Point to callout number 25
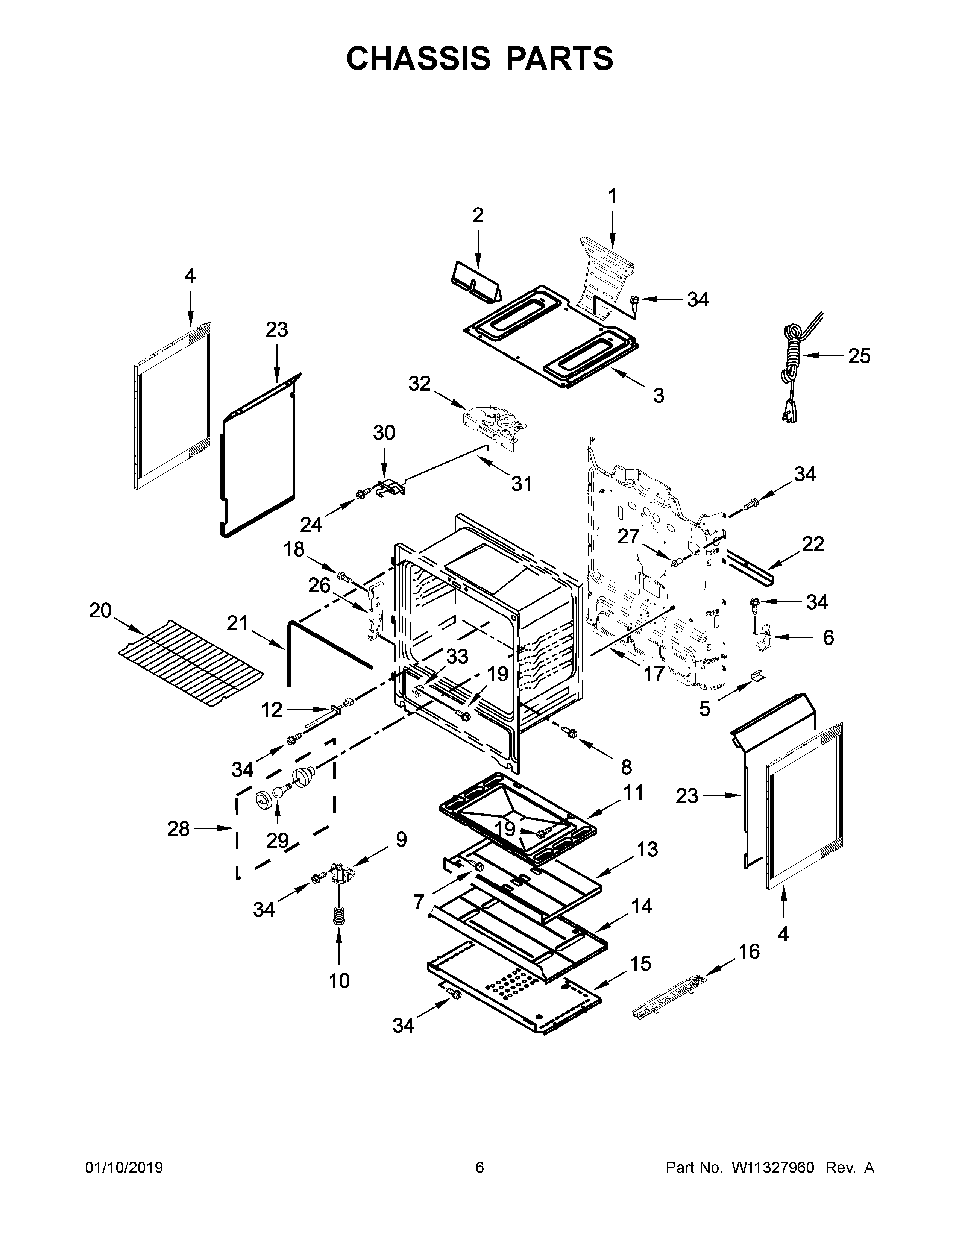click(859, 356)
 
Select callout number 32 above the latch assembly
click(420, 384)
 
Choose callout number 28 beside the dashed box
click(178, 829)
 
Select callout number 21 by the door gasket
click(237, 624)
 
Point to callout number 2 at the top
click(478, 215)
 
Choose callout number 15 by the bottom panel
click(641, 964)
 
